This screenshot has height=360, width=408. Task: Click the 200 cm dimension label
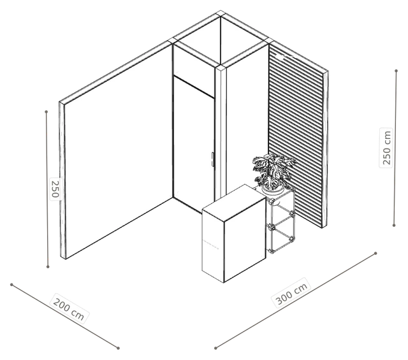click(x=69, y=308)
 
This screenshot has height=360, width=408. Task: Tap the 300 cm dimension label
click(x=291, y=293)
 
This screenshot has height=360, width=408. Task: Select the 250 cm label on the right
click(x=386, y=148)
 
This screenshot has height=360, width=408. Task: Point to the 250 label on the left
click(x=55, y=189)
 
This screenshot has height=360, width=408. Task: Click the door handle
click(x=212, y=159)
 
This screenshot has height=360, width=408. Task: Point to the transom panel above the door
click(x=194, y=71)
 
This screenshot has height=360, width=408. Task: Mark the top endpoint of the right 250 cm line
click(x=396, y=71)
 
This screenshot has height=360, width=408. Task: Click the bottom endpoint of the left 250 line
click(x=48, y=266)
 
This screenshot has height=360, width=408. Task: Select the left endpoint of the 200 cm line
click(x=11, y=285)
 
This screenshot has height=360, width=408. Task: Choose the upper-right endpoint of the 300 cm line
click(x=375, y=253)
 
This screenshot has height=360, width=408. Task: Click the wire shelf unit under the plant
click(x=281, y=221)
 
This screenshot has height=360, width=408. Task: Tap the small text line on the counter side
click(x=210, y=244)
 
